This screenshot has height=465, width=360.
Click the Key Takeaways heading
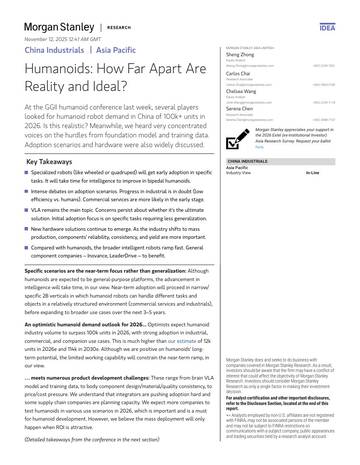tap(56, 159)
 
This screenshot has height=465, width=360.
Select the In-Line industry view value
tap(311, 173)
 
